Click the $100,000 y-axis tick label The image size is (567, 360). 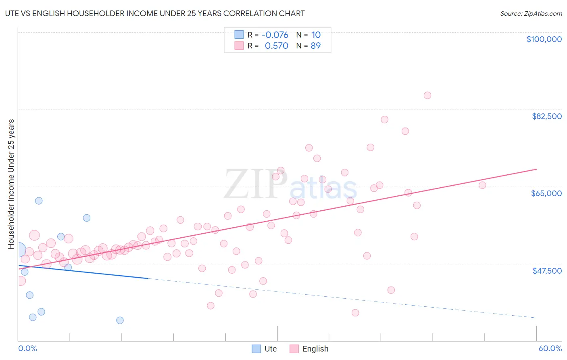[544, 39]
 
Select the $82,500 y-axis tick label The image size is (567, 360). [547, 116]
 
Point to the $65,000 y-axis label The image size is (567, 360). [546, 193]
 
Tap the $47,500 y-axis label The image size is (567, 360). [547, 271]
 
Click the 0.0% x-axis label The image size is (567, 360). [27, 348]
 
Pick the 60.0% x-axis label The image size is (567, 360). [550, 348]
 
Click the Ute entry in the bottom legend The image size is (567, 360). [265, 349]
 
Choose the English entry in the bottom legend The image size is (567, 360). [309, 349]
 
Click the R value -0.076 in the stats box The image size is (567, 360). [275, 35]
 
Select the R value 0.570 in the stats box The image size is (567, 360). [276, 46]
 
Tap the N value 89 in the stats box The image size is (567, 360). [316, 46]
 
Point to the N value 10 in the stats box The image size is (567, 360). [316, 35]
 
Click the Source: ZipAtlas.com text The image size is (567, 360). [531, 13]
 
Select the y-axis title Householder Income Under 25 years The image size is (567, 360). [11, 184]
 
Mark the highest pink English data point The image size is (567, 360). [427, 95]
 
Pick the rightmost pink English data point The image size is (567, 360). [482, 185]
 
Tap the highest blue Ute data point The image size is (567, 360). [39, 201]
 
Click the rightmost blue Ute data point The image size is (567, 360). [120, 320]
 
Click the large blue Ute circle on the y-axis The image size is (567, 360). [19, 250]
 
